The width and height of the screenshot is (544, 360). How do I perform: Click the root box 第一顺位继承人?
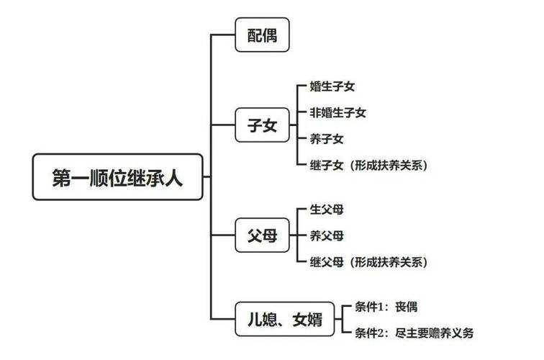tap(118, 176)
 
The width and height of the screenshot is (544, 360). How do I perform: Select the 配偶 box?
tap(263, 34)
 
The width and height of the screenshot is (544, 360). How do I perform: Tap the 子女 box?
tap(263, 125)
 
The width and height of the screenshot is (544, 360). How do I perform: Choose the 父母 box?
tap(263, 235)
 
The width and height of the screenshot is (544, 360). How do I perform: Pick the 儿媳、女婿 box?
tap(285, 319)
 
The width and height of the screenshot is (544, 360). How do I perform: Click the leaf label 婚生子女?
tap(332, 86)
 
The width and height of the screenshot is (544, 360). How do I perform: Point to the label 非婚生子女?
tap(337, 112)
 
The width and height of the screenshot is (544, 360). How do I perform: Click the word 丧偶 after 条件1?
tap(406, 307)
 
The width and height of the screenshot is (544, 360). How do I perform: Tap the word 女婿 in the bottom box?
tap(309, 319)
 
